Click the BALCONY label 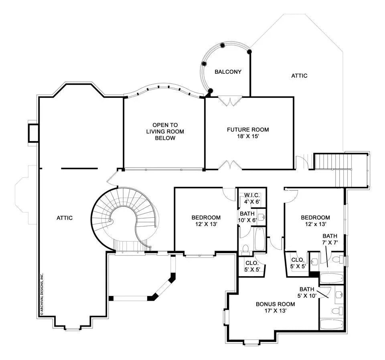pos(228,72)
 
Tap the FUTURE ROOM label pos(248,129)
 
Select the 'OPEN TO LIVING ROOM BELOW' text pos(165,131)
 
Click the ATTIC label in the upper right pos(299,76)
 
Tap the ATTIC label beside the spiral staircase pos(64,218)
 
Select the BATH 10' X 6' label pos(248,217)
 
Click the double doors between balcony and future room pos(230,101)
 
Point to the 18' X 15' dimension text pos(248,136)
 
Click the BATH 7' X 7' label pos(330,239)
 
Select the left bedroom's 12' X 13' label pos(206,224)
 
